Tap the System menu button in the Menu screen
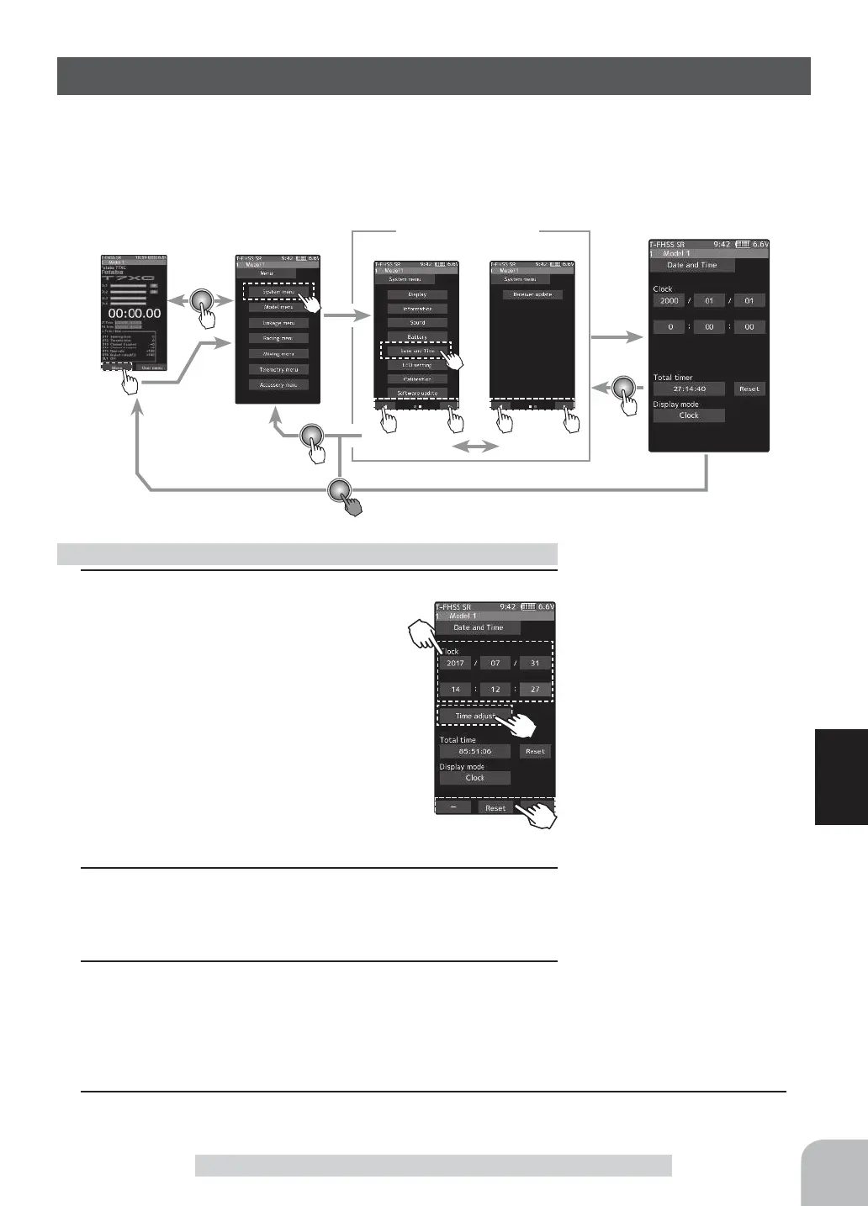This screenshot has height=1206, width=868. (278, 292)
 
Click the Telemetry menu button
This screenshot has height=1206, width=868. (278, 369)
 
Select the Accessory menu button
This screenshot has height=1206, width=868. (278, 384)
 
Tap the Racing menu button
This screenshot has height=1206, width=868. (278, 338)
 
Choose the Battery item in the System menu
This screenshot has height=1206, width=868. (417, 336)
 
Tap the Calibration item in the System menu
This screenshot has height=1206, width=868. (417, 379)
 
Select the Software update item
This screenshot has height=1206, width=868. (417, 393)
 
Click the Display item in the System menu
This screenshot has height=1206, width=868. (417, 294)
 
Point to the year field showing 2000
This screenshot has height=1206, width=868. (670, 300)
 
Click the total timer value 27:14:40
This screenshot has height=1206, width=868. (689, 389)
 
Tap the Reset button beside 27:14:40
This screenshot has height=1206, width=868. (749, 389)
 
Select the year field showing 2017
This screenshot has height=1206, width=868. (455, 663)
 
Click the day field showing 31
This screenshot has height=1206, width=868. (535, 663)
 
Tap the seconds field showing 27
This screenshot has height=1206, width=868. (535, 690)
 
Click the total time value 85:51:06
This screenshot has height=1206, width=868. (474, 751)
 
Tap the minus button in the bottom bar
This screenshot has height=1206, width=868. (454, 807)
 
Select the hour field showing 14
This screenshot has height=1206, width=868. (455, 690)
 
